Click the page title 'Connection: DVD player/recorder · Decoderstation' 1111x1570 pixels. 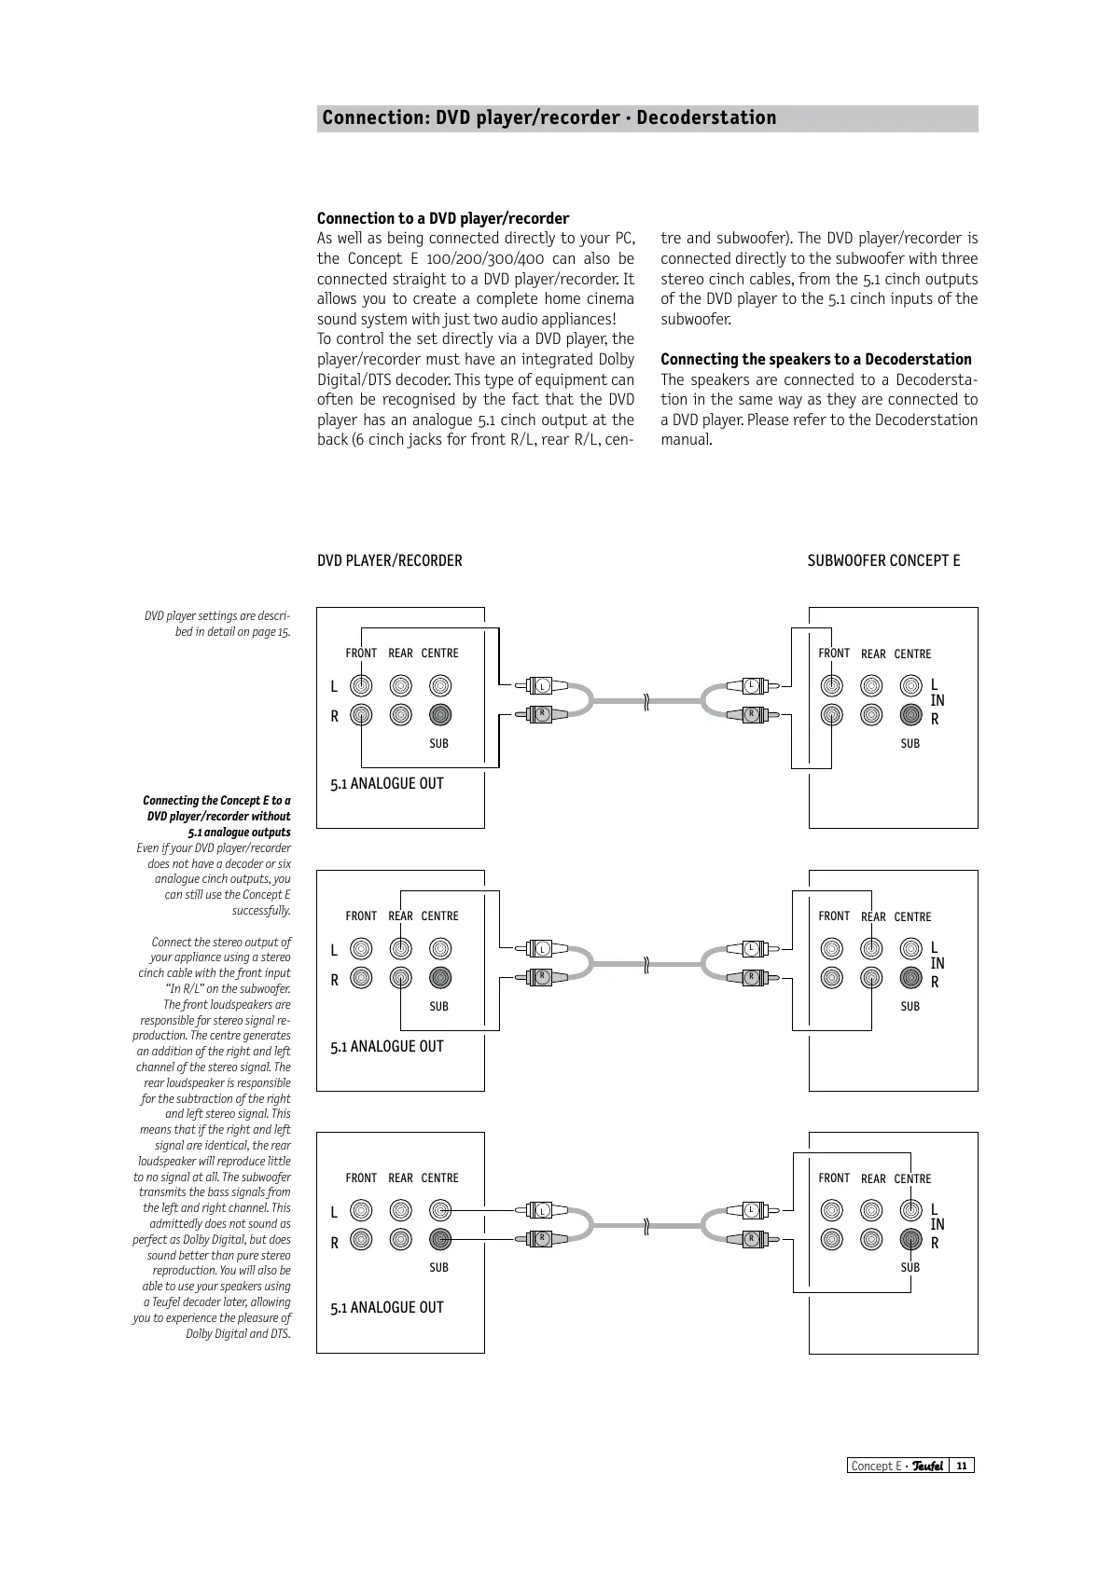[549, 118]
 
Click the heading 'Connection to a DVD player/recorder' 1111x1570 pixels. [442, 218]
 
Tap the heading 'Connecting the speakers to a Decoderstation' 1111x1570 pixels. [815, 359]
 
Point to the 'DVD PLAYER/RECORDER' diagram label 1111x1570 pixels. [389, 560]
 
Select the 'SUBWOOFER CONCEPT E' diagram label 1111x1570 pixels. [882, 560]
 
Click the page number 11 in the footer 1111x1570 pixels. [961, 1466]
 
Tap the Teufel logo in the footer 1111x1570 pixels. [927, 1466]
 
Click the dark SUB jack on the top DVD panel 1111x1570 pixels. [440, 715]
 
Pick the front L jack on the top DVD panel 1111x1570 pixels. [361, 686]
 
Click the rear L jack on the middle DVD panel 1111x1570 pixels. [400, 949]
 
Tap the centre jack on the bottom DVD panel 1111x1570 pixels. [440, 1210]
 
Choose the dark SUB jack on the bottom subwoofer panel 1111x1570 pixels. [911, 1240]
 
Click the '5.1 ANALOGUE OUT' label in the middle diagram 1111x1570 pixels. [386, 1046]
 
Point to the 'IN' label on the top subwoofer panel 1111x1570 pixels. [937, 700]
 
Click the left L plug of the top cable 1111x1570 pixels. [539, 686]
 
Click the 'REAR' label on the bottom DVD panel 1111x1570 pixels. [400, 1177]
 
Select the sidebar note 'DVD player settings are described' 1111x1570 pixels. [216, 624]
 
